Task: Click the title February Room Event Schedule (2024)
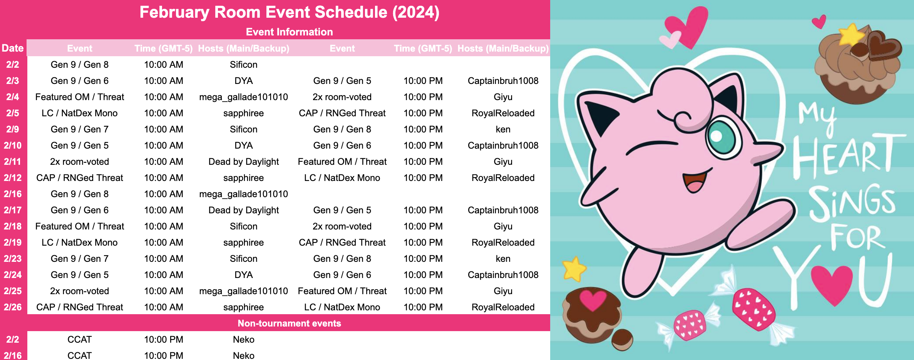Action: pos(290,12)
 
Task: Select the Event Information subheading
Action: pos(290,32)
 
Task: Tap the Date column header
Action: pos(13,48)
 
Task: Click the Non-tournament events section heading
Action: pos(290,323)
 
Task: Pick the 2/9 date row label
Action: pos(13,129)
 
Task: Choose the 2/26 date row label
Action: pos(13,307)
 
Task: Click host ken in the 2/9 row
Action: pos(503,129)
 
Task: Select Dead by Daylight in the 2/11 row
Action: pos(244,162)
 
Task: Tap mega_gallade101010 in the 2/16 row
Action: pos(244,194)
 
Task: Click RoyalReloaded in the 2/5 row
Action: pos(503,113)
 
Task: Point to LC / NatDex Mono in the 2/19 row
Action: pos(80,243)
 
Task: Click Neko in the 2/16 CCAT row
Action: pos(244,355)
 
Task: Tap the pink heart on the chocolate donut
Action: pos(593,300)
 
